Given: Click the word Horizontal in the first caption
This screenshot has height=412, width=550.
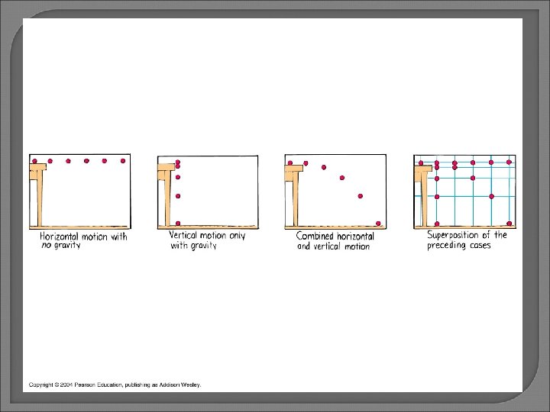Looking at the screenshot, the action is click(x=59, y=237).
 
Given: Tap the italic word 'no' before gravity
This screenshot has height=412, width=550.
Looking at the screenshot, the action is click(x=47, y=245).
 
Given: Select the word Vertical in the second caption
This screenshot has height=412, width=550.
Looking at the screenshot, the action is click(x=183, y=235).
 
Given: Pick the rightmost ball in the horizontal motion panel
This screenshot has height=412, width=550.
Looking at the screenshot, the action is click(x=123, y=161).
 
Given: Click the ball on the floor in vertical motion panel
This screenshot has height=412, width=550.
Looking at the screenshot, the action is click(x=178, y=223).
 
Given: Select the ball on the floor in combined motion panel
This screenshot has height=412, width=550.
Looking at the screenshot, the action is click(x=378, y=223).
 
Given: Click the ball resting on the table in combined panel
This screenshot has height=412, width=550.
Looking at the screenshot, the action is click(x=290, y=163).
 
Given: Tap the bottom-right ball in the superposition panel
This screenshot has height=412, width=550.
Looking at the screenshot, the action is click(x=509, y=224).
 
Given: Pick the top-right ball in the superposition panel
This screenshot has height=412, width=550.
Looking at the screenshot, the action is click(x=509, y=163).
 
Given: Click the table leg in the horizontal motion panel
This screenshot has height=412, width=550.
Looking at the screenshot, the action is click(x=40, y=198).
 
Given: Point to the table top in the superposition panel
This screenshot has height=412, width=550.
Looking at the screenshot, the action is click(x=423, y=169).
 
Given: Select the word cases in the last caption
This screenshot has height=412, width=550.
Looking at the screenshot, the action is click(x=480, y=245).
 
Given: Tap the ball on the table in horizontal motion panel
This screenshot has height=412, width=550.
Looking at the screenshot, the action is click(x=34, y=161).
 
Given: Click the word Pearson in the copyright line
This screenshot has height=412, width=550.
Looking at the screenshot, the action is click(x=83, y=385).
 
